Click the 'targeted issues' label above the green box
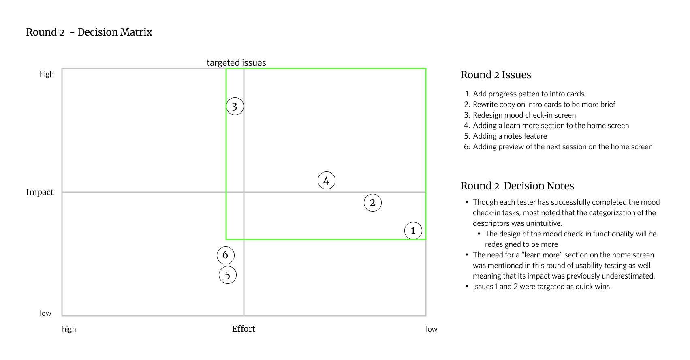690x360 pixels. [x=236, y=62]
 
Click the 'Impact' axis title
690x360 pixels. [x=40, y=192]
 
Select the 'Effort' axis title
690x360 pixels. [x=244, y=328]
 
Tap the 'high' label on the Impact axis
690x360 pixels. [x=47, y=74]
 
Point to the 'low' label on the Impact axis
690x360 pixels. [x=45, y=313]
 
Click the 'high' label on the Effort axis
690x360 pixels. [x=69, y=329]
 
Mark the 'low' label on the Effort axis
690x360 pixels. [x=432, y=329]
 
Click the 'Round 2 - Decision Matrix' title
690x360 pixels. [x=89, y=32]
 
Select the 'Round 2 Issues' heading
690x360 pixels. [x=496, y=75]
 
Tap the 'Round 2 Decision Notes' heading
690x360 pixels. [x=517, y=186]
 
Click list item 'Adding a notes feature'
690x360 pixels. [x=510, y=136]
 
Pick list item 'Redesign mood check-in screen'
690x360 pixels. [x=524, y=115]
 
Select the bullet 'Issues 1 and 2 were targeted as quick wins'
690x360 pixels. [x=541, y=286]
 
